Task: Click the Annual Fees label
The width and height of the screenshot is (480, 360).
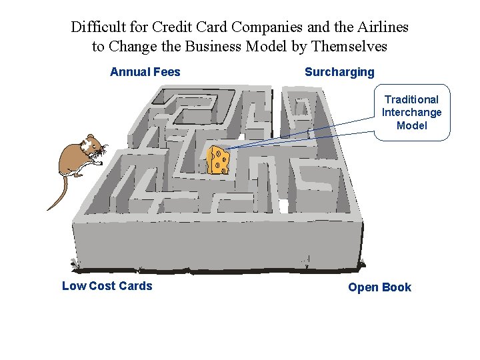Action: pyautogui.click(x=145, y=72)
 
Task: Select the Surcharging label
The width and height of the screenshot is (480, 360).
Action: pyautogui.click(x=339, y=72)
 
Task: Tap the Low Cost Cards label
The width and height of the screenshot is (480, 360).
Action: pyautogui.click(x=107, y=286)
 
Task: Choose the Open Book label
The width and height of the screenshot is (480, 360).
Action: pyautogui.click(x=379, y=287)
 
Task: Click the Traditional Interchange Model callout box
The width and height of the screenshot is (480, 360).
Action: pyautogui.click(x=411, y=112)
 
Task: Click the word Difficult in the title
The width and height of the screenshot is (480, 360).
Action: pyautogui.click(x=97, y=27)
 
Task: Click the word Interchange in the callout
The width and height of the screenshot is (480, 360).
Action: pyautogui.click(x=411, y=112)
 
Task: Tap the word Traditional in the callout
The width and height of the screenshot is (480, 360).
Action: pyautogui.click(x=411, y=99)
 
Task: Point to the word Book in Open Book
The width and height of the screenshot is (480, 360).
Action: pyautogui.click(x=397, y=287)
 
